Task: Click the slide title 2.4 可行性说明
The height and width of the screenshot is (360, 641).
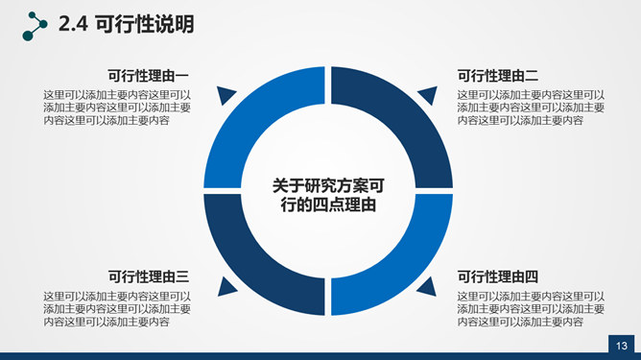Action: click(x=127, y=24)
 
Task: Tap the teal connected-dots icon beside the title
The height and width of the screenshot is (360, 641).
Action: click(x=35, y=26)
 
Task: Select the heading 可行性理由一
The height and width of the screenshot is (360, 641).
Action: click(x=148, y=76)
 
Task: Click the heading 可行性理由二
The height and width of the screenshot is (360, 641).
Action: click(x=497, y=76)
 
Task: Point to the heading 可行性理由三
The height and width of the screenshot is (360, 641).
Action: click(x=149, y=276)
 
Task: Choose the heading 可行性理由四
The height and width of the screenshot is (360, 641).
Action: click(x=497, y=276)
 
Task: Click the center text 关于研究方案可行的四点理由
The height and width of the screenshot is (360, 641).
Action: click(x=328, y=195)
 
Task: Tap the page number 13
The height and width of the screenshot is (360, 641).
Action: click(x=622, y=346)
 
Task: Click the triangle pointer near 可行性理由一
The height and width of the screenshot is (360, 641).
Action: click(x=225, y=94)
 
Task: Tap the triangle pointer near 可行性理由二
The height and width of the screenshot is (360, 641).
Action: click(x=429, y=94)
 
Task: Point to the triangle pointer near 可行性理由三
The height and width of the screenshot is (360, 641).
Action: click(x=226, y=288)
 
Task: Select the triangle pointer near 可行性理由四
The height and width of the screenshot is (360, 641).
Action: click(x=428, y=288)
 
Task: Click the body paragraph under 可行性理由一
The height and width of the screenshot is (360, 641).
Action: click(x=117, y=108)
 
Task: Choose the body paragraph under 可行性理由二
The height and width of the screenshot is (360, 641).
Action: click(x=531, y=108)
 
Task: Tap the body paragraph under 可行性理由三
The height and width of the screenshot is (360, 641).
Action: click(x=117, y=309)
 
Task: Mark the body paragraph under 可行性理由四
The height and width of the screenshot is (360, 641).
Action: click(x=531, y=309)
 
